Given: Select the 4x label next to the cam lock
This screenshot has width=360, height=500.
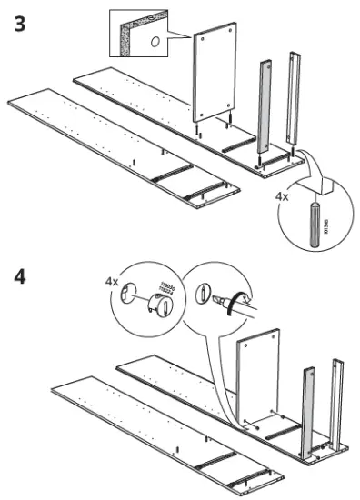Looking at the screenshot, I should [112, 282].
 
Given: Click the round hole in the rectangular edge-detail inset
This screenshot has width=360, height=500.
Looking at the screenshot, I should [155, 42].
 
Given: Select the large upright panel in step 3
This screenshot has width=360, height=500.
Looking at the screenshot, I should [216, 77].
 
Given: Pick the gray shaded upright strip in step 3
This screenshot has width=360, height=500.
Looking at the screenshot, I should [266, 106].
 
